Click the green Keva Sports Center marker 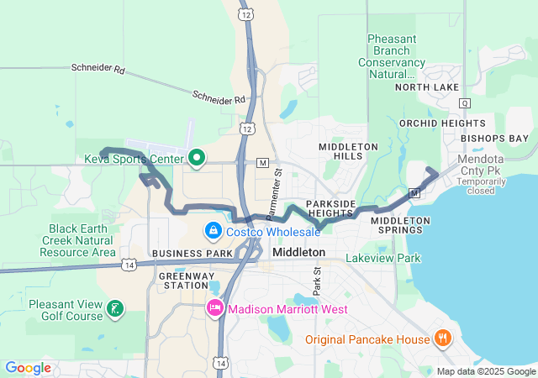(x=198, y=157)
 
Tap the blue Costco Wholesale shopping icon (x=214, y=230)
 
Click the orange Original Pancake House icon (x=443, y=339)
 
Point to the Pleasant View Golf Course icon (x=113, y=311)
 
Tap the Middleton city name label (x=298, y=252)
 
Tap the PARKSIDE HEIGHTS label (x=330, y=208)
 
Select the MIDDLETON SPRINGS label (x=400, y=225)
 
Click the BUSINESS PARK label (x=192, y=253)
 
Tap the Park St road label (x=317, y=282)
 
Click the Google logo (x=28, y=367)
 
